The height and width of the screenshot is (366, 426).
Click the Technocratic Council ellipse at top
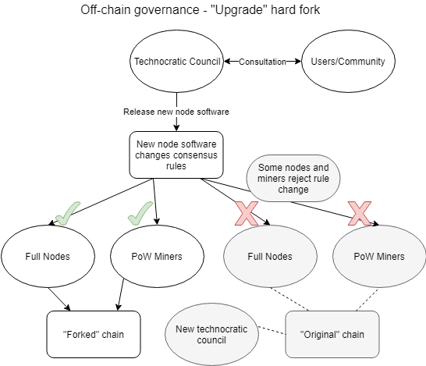(176, 61)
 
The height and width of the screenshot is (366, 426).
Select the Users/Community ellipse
(342, 61)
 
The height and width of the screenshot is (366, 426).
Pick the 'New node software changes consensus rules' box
(176, 154)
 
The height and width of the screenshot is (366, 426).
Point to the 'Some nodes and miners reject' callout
(287, 178)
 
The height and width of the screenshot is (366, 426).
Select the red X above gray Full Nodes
(247, 212)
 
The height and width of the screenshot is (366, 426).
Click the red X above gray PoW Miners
(360, 211)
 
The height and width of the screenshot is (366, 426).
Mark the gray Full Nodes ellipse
(269, 256)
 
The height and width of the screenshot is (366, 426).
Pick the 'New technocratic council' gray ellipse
(213, 335)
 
